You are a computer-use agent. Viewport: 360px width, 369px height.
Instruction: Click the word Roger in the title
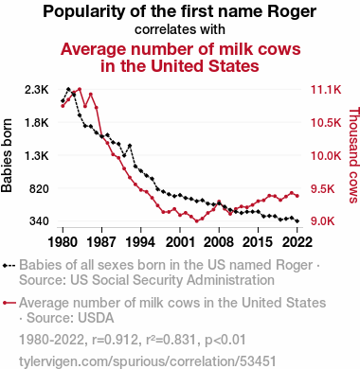pyautogui.click(x=292, y=12)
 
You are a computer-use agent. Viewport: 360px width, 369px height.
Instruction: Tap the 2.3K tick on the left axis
pyautogui.click(x=37, y=90)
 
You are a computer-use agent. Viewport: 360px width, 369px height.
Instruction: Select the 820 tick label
pyautogui.click(x=39, y=188)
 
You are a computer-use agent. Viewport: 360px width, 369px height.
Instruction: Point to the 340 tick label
pyautogui.click(x=39, y=221)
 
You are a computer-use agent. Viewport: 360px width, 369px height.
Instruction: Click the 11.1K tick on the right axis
pyautogui.click(x=326, y=90)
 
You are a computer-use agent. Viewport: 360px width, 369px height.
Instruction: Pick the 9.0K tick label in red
pyautogui.click(x=323, y=221)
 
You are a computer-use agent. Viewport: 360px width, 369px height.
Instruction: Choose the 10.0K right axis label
pyautogui.click(x=326, y=156)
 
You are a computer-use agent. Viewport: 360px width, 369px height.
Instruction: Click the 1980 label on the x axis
pyautogui.click(x=63, y=242)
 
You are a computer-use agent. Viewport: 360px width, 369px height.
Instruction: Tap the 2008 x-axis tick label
pyautogui.click(x=219, y=242)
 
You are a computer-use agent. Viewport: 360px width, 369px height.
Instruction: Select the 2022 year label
pyautogui.click(x=297, y=242)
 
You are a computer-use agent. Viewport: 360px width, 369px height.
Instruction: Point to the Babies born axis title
pyautogui.click(x=7, y=155)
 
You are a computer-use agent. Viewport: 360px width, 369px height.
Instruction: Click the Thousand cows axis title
pyautogui.click(x=353, y=155)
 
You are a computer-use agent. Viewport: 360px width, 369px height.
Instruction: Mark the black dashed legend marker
pyautogui.click(x=9, y=266)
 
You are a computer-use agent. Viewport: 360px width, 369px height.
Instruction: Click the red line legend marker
pyautogui.click(x=9, y=303)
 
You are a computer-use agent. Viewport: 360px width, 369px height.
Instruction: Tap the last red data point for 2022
pyautogui.click(x=297, y=196)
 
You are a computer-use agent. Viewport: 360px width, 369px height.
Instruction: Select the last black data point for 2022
pyautogui.click(x=297, y=221)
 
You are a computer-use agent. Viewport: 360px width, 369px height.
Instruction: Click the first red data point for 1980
pyautogui.click(x=63, y=106)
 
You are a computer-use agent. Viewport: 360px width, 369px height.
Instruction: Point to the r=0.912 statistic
pyautogui.click(x=116, y=340)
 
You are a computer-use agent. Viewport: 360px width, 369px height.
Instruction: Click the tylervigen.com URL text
pyautogui.click(x=148, y=361)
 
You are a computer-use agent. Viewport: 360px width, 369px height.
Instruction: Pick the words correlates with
pyautogui.click(x=180, y=29)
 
